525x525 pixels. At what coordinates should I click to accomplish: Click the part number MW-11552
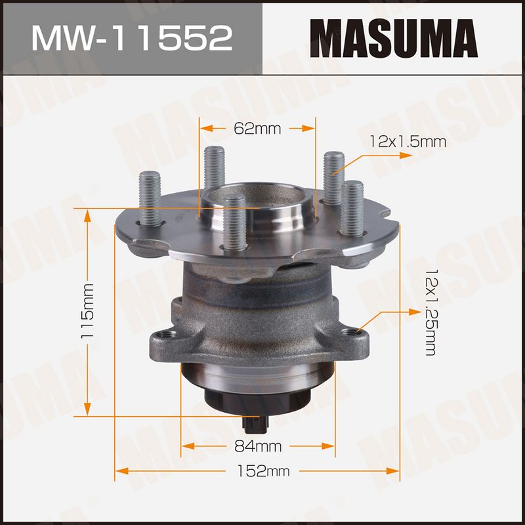tap(132, 38)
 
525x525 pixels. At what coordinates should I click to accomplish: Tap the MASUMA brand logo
tap(394, 39)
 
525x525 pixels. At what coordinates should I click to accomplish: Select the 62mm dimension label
tap(257, 128)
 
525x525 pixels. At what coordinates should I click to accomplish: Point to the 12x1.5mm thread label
tap(408, 142)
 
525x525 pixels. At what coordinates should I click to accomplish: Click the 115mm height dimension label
tap(88, 311)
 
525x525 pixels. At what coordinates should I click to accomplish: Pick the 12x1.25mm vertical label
tap(431, 312)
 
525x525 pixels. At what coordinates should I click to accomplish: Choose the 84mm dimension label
tap(258, 446)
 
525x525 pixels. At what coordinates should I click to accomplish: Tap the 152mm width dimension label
tap(263, 471)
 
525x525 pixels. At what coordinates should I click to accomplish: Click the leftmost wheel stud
tap(150, 199)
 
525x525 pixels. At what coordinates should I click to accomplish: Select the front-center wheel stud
tap(234, 222)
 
